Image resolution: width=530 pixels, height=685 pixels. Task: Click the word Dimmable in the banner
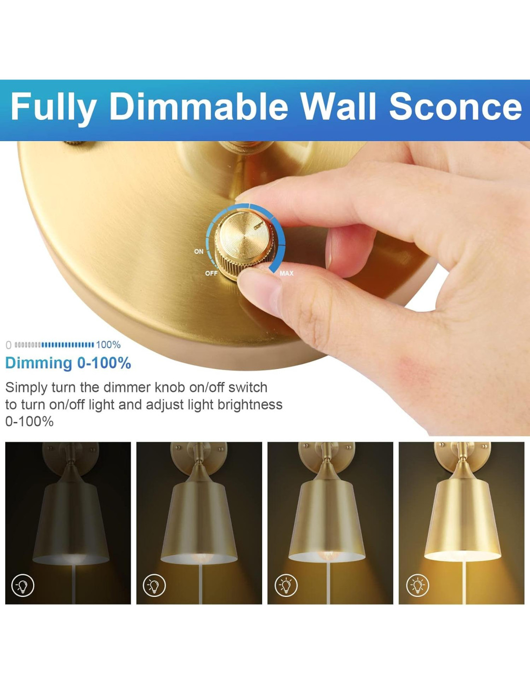pyautogui.click(x=199, y=106)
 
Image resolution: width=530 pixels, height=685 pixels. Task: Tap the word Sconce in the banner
pyautogui.click(x=455, y=106)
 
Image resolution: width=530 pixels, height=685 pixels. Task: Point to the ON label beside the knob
pyautogui.click(x=199, y=251)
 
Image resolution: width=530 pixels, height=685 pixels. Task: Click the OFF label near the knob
pyautogui.click(x=211, y=273)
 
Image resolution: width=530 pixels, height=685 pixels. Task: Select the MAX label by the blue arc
pyautogui.click(x=287, y=273)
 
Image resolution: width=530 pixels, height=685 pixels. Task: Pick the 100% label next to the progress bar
pyautogui.click(x=108, y=345)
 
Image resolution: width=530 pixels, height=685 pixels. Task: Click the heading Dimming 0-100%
pyautogui.click(x=68, y=363)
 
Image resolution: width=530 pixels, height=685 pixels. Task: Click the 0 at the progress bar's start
pyautogui.click(x=9, y=345)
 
